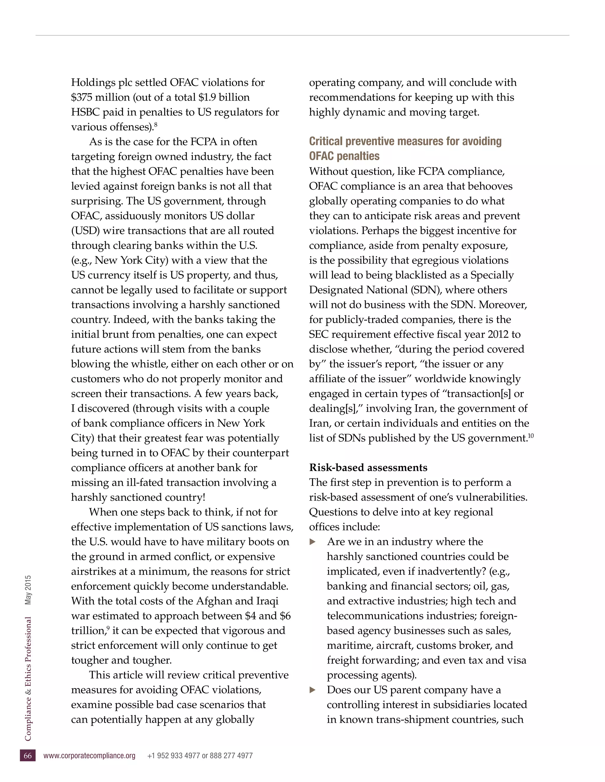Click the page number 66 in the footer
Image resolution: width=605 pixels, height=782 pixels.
coord(27,755)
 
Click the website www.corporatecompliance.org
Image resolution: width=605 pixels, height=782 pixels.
coord(89,755)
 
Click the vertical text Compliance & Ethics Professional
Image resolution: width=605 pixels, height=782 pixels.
coord(28,678)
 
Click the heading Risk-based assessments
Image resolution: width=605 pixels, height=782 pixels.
coord(368,468)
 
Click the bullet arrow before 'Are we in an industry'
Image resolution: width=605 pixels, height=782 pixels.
coord(313,542)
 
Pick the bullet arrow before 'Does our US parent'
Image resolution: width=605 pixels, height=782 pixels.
coord(313,690)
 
